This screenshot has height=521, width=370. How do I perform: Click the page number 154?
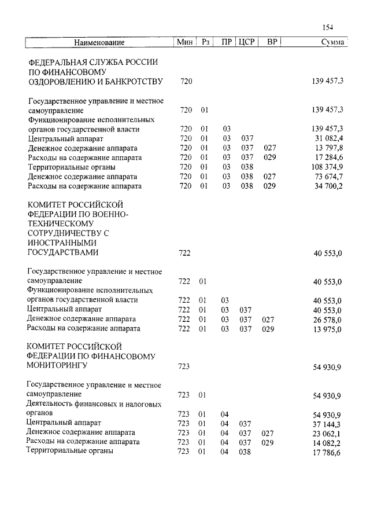point(329,27)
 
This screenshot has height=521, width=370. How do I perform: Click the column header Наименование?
point(99,43)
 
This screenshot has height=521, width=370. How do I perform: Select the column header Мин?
point(185,43)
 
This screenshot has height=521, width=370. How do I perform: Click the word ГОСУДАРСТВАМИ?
point(63,253)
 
